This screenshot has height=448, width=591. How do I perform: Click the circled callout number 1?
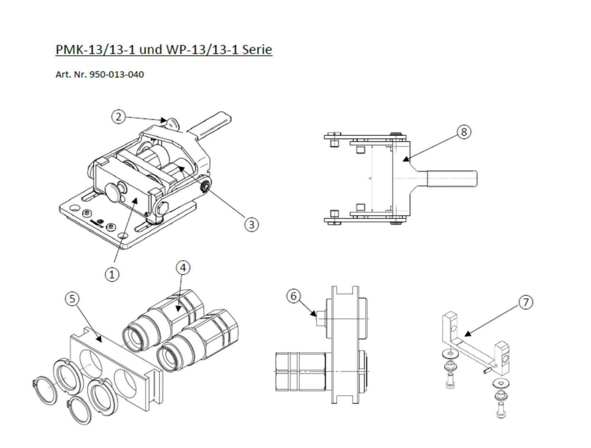[x=112, y=274]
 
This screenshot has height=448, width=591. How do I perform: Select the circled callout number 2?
[x=119, y=117]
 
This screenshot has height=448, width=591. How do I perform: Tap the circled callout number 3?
[x=251, y=224]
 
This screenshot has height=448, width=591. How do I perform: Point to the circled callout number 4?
[x=183, y=268]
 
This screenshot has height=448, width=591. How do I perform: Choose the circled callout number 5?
[x=72, y=299]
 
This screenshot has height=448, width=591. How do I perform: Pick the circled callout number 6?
[x=293, y=296]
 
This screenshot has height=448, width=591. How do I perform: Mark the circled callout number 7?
[x=526, y=302]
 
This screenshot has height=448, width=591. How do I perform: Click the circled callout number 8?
[x=463, y=132]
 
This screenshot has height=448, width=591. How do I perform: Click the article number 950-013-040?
[x=117, y=74]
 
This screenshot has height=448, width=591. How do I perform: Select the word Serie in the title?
[x=257, y=50]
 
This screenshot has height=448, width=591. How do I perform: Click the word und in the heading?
[x=151, y=50]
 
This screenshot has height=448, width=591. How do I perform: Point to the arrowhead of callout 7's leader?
[x=466, y=334]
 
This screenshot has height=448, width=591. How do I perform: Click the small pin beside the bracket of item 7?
[x=487, y=370]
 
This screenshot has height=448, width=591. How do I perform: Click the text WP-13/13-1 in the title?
[x=202, y=50]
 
